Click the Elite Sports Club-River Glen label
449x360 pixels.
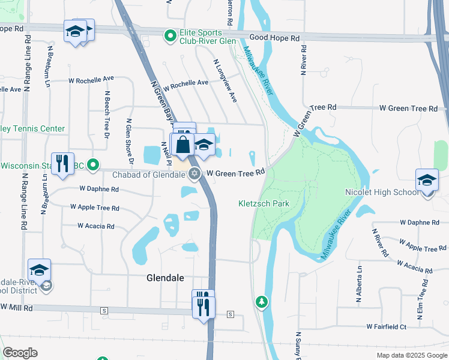(201, 36)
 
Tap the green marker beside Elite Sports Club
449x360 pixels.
(170, 37)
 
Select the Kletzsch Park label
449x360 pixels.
(264, 203)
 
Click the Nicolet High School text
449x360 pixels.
(381, 192)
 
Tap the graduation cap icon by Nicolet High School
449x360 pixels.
(427, 180)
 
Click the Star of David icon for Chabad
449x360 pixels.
(194, 175)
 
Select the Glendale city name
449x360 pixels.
(165, 278)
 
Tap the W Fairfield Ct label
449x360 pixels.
(387, 327)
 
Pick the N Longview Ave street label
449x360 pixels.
(225, 80)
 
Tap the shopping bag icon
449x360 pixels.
(182, 145)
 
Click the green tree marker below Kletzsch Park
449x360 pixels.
(261, 301)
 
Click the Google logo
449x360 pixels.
(20, 353)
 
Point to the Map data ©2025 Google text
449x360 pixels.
(411, 355)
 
